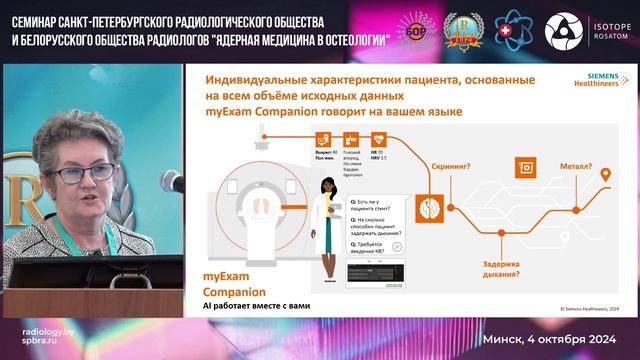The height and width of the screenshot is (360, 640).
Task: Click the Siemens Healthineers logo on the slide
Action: (593, 83)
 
